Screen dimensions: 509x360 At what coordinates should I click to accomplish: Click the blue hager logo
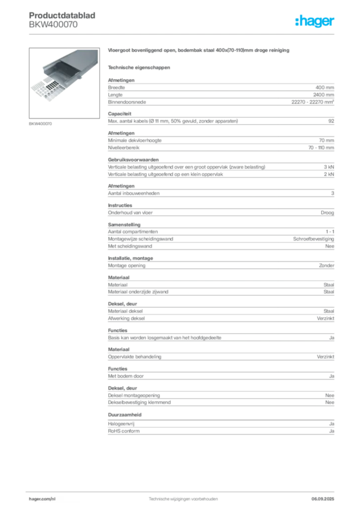click(315, 22)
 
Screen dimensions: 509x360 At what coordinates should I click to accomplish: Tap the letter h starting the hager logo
click(297, 21)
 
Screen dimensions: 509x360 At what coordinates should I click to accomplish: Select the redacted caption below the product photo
click(41, 124)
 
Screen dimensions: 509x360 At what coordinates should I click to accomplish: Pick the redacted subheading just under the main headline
click(139, 67)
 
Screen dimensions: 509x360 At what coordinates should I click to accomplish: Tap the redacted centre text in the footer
click(184, 497)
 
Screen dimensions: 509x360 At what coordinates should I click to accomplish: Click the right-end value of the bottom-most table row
click(332, 427)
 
